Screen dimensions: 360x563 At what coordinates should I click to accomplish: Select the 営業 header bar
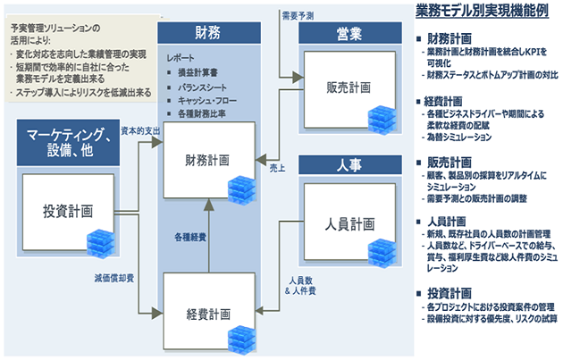[x=350, y=34]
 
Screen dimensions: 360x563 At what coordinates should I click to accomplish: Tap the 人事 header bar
[x=350, y=165]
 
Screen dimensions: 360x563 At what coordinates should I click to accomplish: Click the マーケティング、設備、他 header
[x=69, y=143]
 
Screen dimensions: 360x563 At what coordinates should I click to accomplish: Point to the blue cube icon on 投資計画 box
[x=98, y=241]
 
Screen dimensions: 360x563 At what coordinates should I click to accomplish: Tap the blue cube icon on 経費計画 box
[x=240, y=339]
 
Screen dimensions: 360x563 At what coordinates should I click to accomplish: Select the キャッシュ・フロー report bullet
[x=207, y=100]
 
